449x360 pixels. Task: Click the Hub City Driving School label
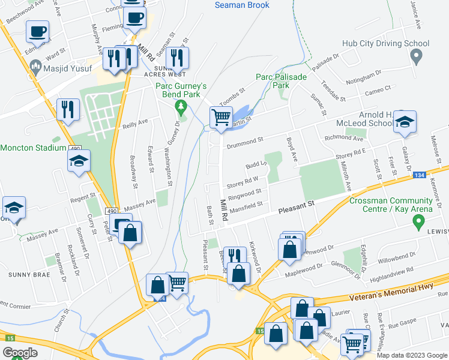click(385, 43)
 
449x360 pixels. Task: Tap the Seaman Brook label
click(242, 5)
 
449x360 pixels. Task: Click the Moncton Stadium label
click(32, 148)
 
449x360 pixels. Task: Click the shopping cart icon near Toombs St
click(221, 118)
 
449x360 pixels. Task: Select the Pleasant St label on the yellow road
click(297, 210)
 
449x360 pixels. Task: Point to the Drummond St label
click(245, 143)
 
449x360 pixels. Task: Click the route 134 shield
click(420, 175)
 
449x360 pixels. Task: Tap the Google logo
click(20, 353)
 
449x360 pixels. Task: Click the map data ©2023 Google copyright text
click(412, 355)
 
